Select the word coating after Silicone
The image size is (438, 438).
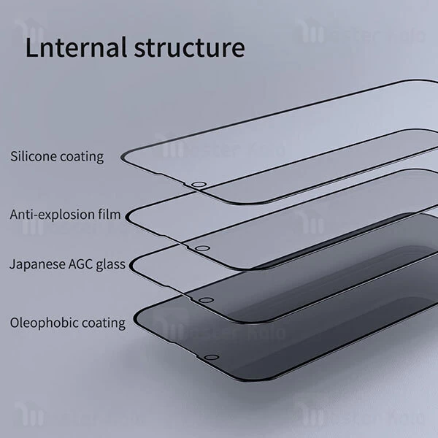pyautogui.click(x=80, y=156)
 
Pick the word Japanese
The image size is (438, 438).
pyautogui.click(x=35, y=264)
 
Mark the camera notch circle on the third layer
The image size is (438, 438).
pyautogui.click(x=207, y=299)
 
